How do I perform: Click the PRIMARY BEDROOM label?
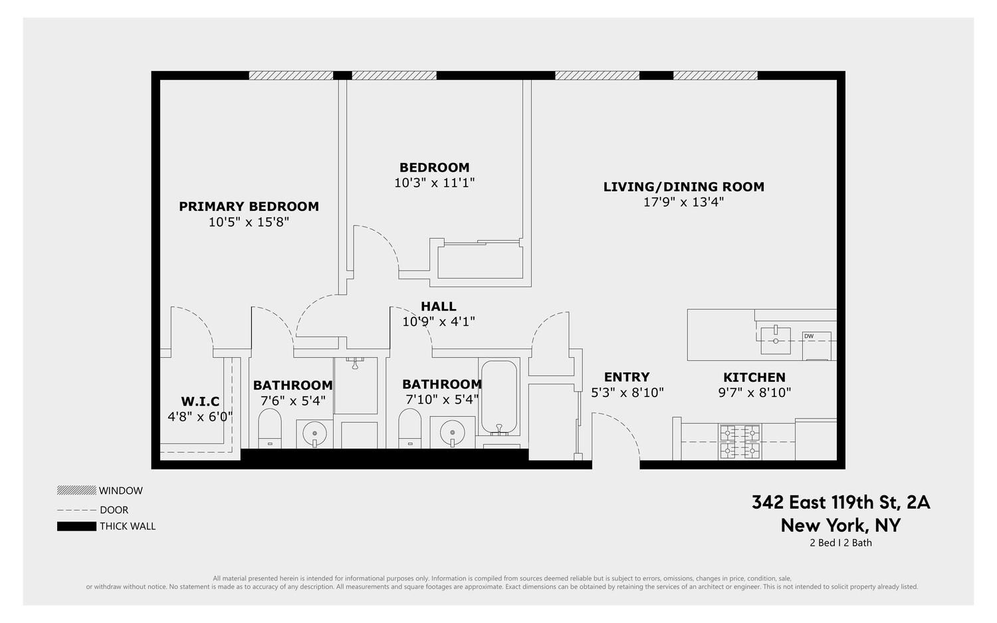coord(249,207)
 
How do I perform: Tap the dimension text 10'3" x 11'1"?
coord(434,182)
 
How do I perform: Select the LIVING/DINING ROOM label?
coord(683,187)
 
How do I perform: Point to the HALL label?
coord(438,307)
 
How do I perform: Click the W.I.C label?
coord(200,402)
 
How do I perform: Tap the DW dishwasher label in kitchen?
coord(808,336)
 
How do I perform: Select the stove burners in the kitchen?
coord(740,442)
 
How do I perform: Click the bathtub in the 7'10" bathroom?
coord(498,397)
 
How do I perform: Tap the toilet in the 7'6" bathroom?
coord(270,428)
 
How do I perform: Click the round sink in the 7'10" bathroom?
coord(452,432)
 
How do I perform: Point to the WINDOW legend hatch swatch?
coord(76,491)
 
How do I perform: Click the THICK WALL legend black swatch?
coord(76,527)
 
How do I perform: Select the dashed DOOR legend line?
coord(76,510)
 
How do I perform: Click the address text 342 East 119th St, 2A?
coord(841,503)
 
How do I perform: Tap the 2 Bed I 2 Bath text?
coord(840,543)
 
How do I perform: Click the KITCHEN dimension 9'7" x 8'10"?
coord(754,393)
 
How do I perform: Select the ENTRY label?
coord(627,377)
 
